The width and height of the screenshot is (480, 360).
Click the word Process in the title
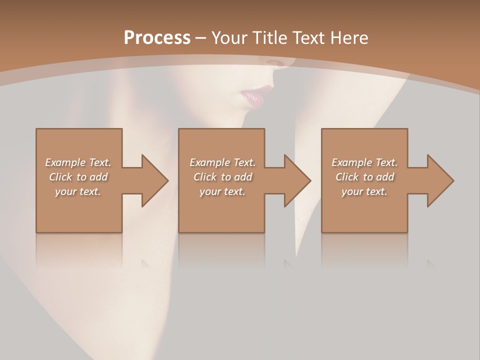coord(157,38)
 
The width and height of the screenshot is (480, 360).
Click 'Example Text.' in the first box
coord(78,162)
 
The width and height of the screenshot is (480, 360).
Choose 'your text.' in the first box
coord(78,191)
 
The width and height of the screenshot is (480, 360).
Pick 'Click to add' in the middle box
coord(222,177)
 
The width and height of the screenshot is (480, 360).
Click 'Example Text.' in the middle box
coord(222,162)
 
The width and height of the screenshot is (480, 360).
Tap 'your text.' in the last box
coord(364,191)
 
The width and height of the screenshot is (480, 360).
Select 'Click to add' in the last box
coord(364,177)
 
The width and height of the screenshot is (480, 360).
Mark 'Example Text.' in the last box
coord(364,162)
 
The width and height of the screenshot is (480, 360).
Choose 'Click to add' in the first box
coord(78,177)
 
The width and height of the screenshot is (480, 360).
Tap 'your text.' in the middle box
coord(222,191)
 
